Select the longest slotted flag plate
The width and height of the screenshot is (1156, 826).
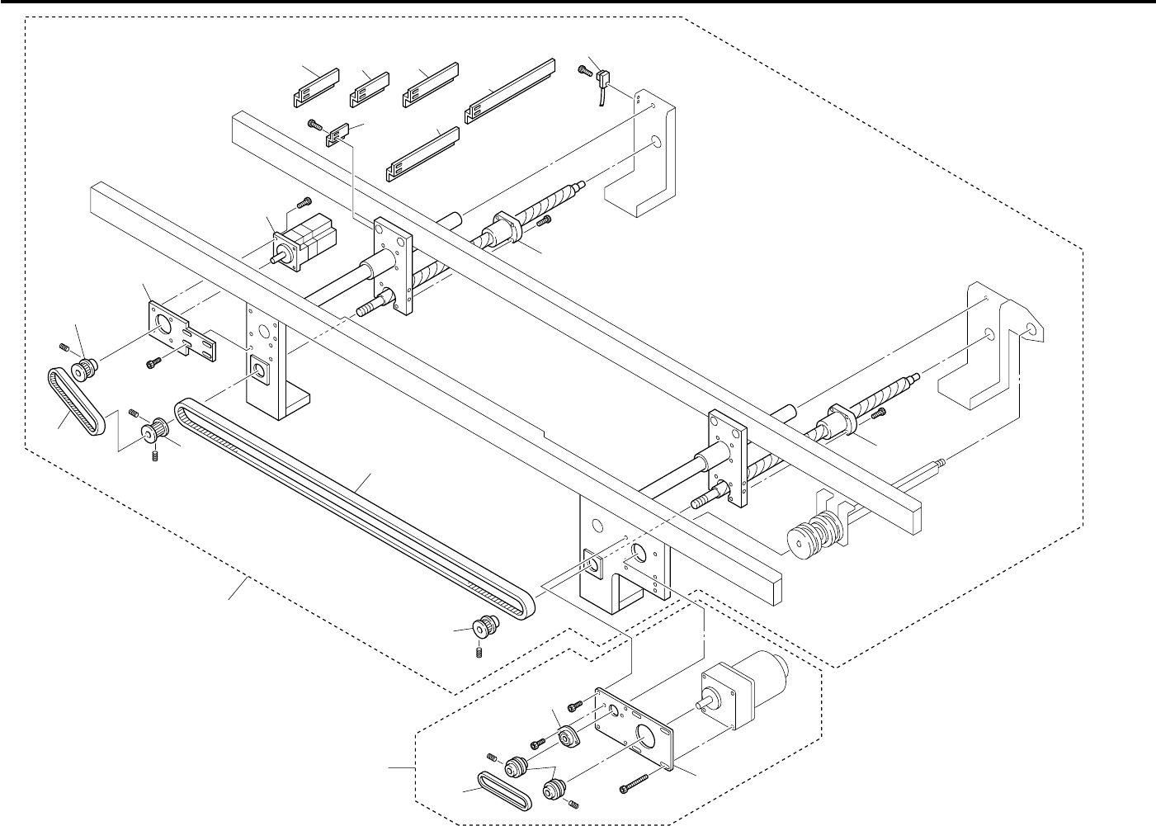point(511,91)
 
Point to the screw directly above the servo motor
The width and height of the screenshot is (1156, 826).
point(303,201)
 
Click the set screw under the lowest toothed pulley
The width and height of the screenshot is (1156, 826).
point(480,653)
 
